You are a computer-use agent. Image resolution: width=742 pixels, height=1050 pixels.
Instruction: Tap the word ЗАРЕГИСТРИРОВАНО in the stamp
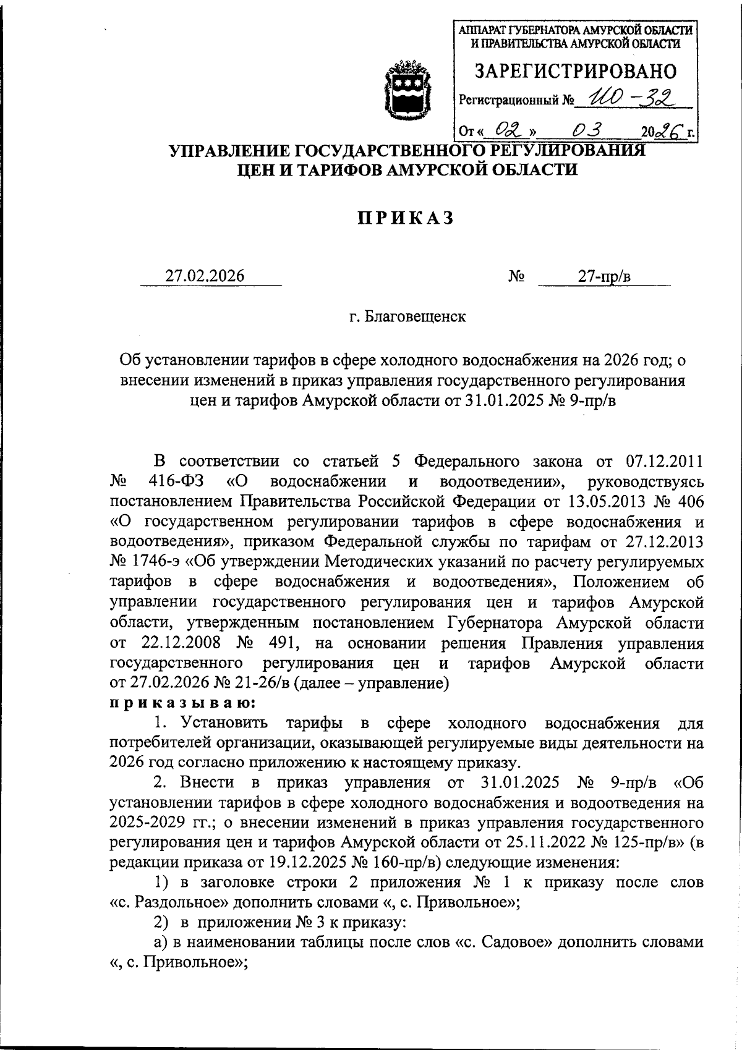coord(576,71)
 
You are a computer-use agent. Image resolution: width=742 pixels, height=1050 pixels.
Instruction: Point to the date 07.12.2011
coord(665,461)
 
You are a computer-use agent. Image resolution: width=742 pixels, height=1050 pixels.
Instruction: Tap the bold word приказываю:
coord(182,703)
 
